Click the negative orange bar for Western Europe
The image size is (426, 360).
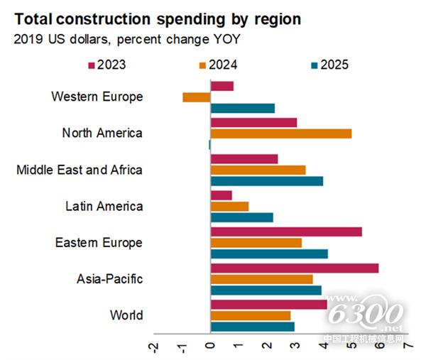[x=197, y=97]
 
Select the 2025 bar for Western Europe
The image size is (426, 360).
[x=243, y=109]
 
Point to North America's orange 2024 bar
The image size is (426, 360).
[x=281, y=133]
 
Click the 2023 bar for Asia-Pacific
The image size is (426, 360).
[x=295, y=268]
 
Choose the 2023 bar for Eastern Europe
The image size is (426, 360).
[x=286, y=231]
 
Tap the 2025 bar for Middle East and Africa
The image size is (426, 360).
[x=267, y=181]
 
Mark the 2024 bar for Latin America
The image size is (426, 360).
[x=229, y=206]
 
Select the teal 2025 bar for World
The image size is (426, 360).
[x=253, y=327]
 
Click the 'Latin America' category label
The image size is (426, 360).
[x=105, y=207]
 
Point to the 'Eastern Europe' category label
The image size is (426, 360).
[x=99, y=243]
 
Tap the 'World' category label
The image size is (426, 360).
[x=126, y=315]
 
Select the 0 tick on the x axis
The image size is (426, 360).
[x=210, y=347]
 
